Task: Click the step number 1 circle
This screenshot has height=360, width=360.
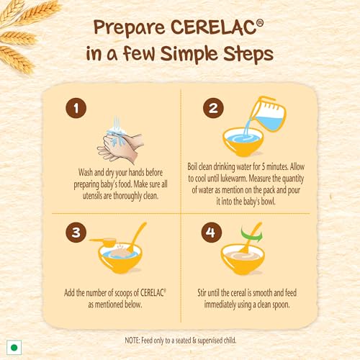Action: pyautogui.click(x=76, y=108)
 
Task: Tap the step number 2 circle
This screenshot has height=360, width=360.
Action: pyautogui.click(x=213, y=108)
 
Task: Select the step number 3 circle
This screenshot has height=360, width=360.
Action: pyautogui.click(x=76, y=232)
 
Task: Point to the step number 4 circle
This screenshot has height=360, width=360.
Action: pyautogui.click(x=212, y=232)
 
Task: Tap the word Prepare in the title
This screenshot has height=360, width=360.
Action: pyautogui.click(x=130, y=28)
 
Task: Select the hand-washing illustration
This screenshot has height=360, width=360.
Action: pyautogui.click(x=120, y=140)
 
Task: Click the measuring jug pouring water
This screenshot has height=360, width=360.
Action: pyautogui.click(x=268, y=114)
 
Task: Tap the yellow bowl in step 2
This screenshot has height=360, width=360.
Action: pyautogui.click(x=243, y=142)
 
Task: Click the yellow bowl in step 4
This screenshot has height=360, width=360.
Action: pyautogui.click(x=243, y=259)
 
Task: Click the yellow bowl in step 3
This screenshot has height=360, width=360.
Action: pyautogui.click(x=120, y=258)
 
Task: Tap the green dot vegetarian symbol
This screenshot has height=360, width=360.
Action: pyautogui.click(x=14, y=347)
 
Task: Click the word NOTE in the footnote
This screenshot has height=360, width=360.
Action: pyautogui.click(x=132, y=341)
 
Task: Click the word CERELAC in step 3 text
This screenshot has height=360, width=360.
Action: pyautogui.click(x=152, y=293)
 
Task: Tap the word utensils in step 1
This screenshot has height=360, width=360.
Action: pyautogui.click(x=92, y=196)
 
